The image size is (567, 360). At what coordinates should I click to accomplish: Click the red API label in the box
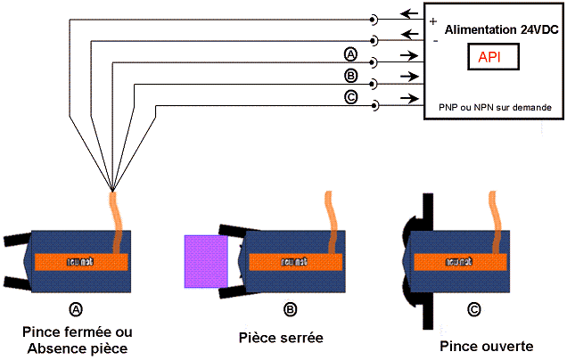(x=489, y=57)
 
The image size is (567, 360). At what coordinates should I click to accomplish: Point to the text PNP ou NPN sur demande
(x=494, y=107)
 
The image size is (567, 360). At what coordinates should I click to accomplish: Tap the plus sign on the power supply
(x=433, y=20)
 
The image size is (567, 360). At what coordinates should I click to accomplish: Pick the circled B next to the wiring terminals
(x=350, y=77)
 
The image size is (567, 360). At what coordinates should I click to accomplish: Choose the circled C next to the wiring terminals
(x=350, y=98)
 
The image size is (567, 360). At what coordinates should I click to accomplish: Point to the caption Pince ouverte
(x=486, y=346)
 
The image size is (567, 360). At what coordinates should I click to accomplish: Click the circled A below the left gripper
(x=75, y=308)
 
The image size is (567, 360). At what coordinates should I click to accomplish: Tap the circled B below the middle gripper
(x=290, y=309)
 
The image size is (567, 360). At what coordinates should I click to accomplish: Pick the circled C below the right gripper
(x=473, y=310)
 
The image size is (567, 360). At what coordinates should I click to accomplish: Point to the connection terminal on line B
(x=374, y=83)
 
